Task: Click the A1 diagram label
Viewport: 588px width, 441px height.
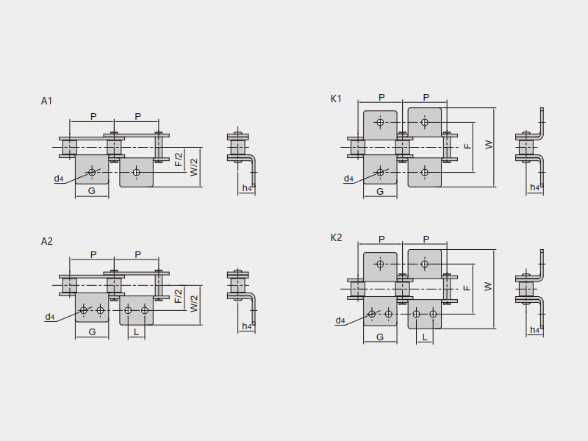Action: (46, 101)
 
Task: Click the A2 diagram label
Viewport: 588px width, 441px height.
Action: (46, 241)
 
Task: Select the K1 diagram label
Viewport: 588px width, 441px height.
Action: (336, 98)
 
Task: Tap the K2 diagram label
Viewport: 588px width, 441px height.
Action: (336, 237)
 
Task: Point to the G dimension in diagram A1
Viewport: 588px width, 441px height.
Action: (91, 191)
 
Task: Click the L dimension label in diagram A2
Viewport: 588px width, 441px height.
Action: (136, 332)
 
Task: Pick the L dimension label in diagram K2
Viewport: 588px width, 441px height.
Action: (424, 337)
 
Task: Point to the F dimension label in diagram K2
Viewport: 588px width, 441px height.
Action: (467, 286)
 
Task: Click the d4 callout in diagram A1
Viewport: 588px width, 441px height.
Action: (59, 179)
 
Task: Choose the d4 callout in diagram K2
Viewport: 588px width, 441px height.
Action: (340, 320)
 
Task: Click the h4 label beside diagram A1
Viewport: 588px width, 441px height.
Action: (247, 188)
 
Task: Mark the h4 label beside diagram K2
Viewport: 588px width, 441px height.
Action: (535, 330)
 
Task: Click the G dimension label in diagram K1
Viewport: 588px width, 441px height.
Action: (380, 191)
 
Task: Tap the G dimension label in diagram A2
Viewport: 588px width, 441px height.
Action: (92, 332)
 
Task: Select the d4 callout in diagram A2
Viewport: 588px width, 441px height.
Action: (50, 317)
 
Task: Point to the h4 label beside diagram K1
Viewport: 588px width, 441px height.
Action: (535, 187)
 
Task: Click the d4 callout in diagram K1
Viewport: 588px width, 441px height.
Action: (348, 179)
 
